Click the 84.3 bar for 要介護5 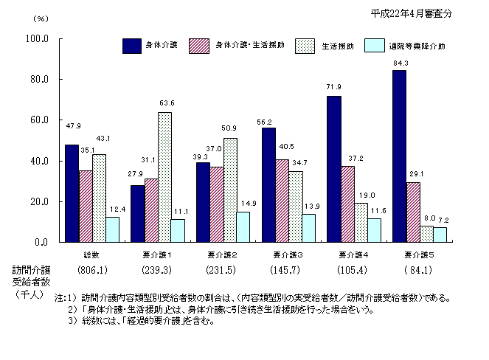pyautogui.click(x=399, y=156)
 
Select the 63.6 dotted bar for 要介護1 pyautogui.click(x=164, y=177)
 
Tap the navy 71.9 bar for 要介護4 pyautogui.click(x=335, y=169)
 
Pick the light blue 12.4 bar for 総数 pyautogui.click(x=112, y=229)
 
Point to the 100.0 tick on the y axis pyautogui.click(x=38, y=38)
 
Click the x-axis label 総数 pyautogui.click(x=92, y=254)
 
